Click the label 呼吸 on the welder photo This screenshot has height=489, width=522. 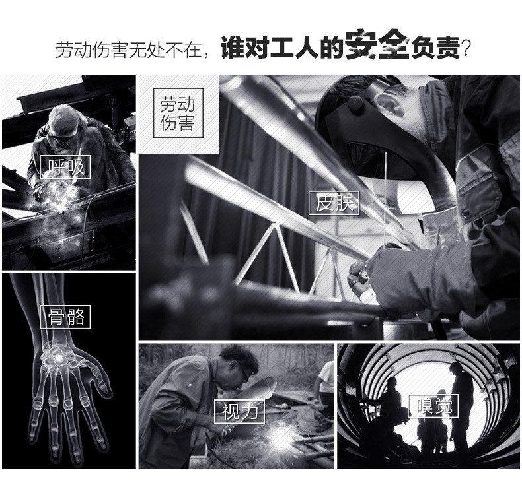pos(65,167)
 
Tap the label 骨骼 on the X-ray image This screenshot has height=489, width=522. pos(65,317)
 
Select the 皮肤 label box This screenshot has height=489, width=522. pos(334,203)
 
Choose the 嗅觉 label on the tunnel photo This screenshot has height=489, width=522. pos(432,407)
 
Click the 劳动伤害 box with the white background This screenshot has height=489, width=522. pos(178,114)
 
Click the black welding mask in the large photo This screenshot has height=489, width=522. pos(370,125)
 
